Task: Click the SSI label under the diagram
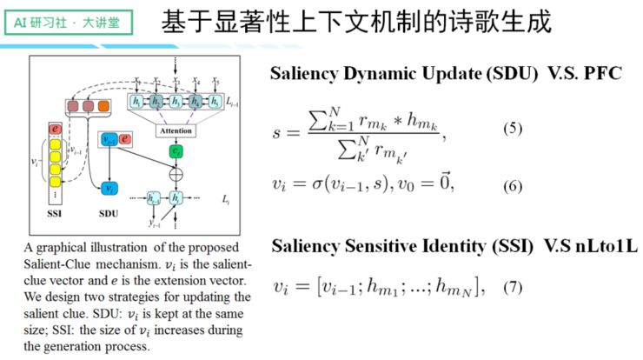point(56,210)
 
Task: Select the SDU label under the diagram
point(109,210)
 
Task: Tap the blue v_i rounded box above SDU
point(109,188)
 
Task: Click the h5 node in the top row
point(216,103)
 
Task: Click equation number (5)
point(514,130)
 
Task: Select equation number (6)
point(514,184)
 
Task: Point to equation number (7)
point(514,286)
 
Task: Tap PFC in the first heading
point(597,73)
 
